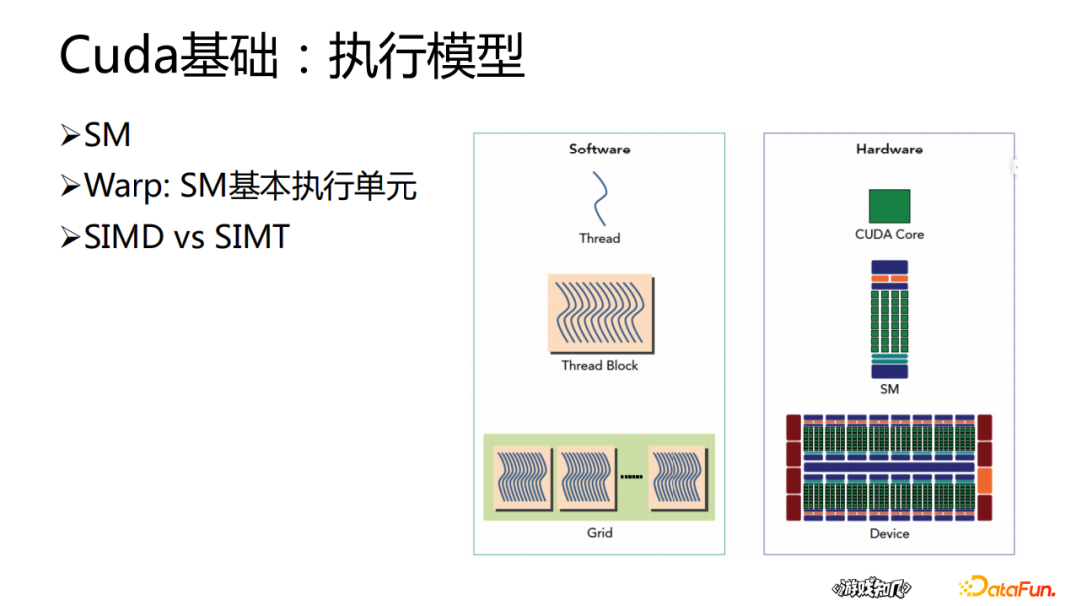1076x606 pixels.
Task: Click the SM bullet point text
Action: click(108, 135)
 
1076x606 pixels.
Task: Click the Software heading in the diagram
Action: click(599, 150)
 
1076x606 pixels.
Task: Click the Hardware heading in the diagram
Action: click(889, 150)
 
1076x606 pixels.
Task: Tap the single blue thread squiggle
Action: click(601, 199)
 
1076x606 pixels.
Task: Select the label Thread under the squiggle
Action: click(599, 239)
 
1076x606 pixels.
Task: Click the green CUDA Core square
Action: click(889, 206)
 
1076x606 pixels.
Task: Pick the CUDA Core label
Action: click(889, 235)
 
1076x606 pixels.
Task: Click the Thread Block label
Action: click(599, 366)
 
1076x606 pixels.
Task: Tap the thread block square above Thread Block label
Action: click(600, 314)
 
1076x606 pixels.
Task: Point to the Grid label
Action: click(599, 533)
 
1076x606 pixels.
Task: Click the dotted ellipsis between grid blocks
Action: click(632, 478)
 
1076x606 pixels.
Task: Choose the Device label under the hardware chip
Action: click(889, 534)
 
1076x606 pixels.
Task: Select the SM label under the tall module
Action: click(889, 389)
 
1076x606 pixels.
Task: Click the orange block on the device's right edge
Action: click(985, 480)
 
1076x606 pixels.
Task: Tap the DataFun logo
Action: click(1006, 587)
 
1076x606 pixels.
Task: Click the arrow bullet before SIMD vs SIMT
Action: click(69, 237)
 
